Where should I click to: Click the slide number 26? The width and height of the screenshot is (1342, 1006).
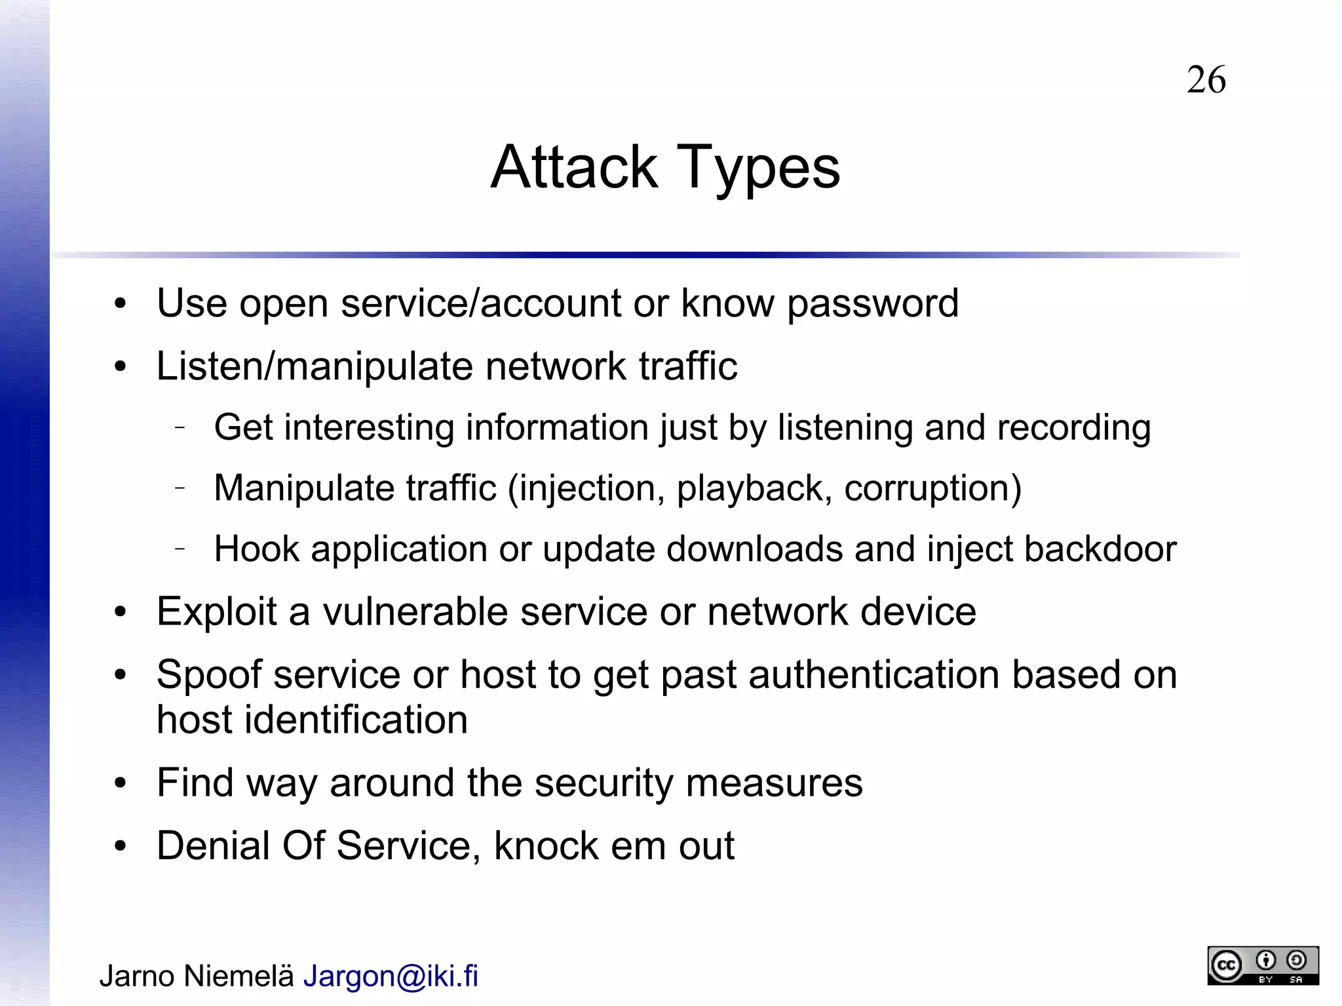pos(1206,80)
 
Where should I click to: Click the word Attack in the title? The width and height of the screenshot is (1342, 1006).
pos(574,167)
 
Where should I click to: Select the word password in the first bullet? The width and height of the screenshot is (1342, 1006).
pos(872,304)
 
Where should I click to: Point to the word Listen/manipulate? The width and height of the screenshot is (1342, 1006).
pos(315,366)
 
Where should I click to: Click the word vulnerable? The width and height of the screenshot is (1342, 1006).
pos(415,612)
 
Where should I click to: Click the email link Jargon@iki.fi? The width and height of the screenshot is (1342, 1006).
pos(391,977)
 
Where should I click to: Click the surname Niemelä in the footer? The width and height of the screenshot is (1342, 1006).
pos(239,977)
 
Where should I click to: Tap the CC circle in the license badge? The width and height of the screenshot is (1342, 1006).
pos(1226,966)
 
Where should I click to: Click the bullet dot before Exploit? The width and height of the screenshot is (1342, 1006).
pos(119,612)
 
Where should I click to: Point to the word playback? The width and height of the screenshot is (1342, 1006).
pos(754,489)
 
